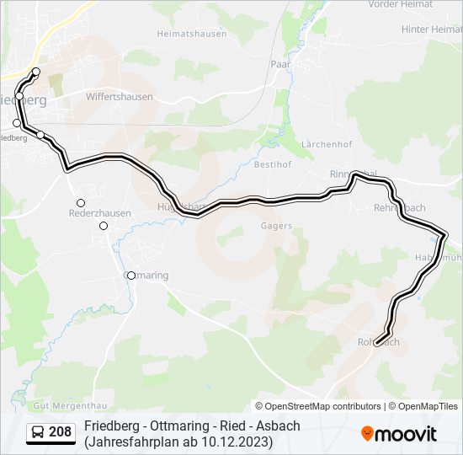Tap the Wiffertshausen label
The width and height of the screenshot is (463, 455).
coord(120,97)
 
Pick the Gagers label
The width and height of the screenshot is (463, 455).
coord(276,226)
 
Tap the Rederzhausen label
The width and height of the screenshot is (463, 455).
coord(99,214)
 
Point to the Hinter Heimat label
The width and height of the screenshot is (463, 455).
coord(432,29)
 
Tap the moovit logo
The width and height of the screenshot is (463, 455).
coord(399,434)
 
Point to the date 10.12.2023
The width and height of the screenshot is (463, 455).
coord(232,441)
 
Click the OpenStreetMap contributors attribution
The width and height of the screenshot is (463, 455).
coord(323,406)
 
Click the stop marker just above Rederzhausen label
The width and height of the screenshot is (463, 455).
coord(81,203)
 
